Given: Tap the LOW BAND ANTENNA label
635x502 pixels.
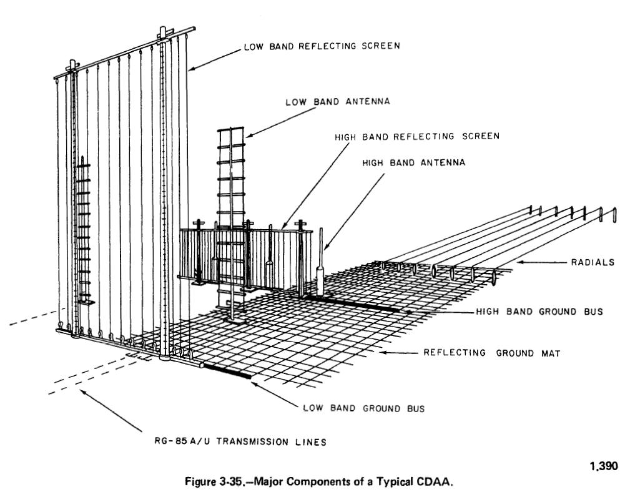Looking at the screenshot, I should coord(338,102).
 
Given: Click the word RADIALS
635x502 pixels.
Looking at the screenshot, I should coord(592,262).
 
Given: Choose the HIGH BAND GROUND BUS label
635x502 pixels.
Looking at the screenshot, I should coord(539,311).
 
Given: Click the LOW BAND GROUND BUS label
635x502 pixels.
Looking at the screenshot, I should coord(363,408).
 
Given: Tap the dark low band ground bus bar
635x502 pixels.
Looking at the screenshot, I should coord(228,370).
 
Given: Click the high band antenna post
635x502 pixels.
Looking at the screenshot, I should coord(321,262).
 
